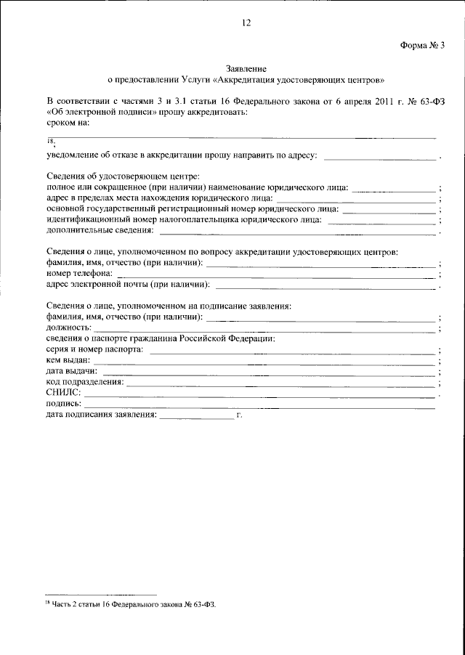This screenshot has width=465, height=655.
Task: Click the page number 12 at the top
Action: (x=246, y=23)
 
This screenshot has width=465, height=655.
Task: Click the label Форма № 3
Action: (x=421, y=44)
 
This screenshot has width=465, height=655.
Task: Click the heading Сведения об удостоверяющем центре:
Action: (x=122, y=176)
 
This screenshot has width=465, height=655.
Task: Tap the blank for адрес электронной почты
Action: (x=323, y=285)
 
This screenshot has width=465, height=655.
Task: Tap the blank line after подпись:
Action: (x=260, y=404)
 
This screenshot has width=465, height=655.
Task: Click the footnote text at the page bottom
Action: (x=132, y=604)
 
